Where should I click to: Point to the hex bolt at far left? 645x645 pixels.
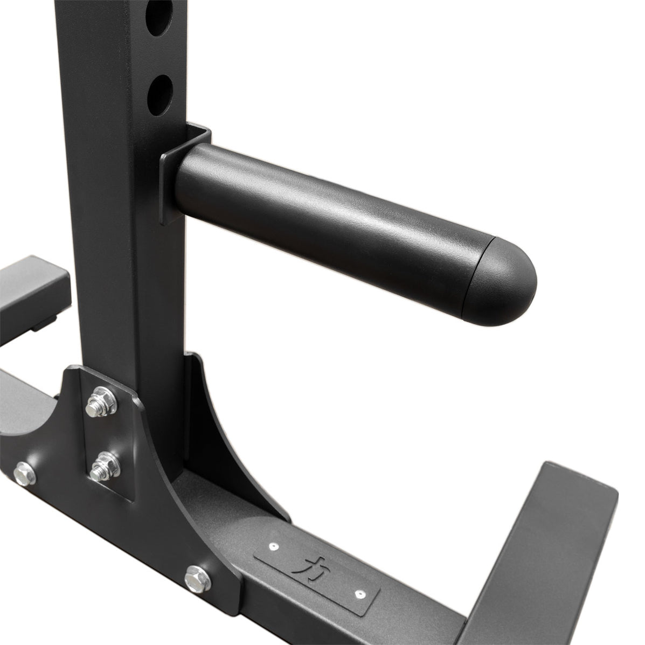pos(24,475)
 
